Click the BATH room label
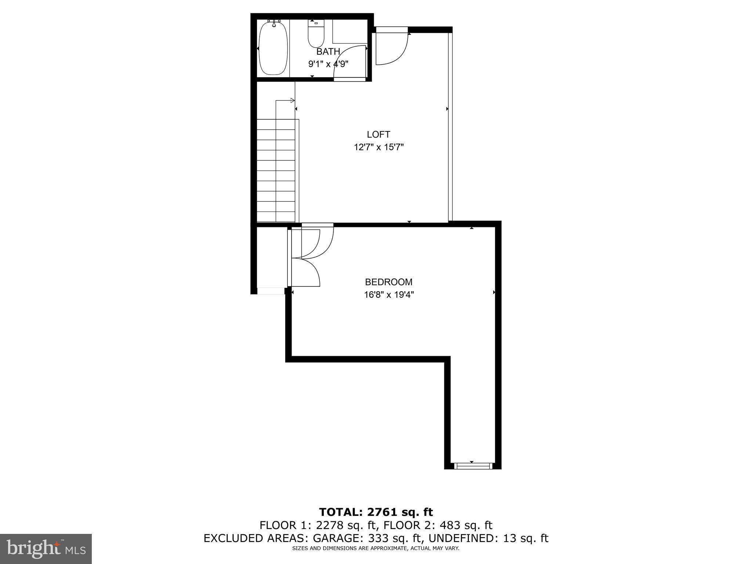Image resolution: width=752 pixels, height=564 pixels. [328, 52]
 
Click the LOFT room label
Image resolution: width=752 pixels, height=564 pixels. [378, 134]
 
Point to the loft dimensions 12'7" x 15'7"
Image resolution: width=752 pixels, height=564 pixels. [379, 148]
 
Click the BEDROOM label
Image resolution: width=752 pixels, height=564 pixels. [388, 282]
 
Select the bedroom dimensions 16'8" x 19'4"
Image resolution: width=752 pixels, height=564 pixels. [389, 295]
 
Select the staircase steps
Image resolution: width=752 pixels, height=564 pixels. [276, 171]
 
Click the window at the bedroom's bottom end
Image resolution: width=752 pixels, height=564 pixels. [473, 466]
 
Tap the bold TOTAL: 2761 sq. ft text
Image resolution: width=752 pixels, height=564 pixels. [376, 512]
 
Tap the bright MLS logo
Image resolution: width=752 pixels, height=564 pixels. [46, 549]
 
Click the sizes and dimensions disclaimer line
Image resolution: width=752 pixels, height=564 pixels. [376, 549]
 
